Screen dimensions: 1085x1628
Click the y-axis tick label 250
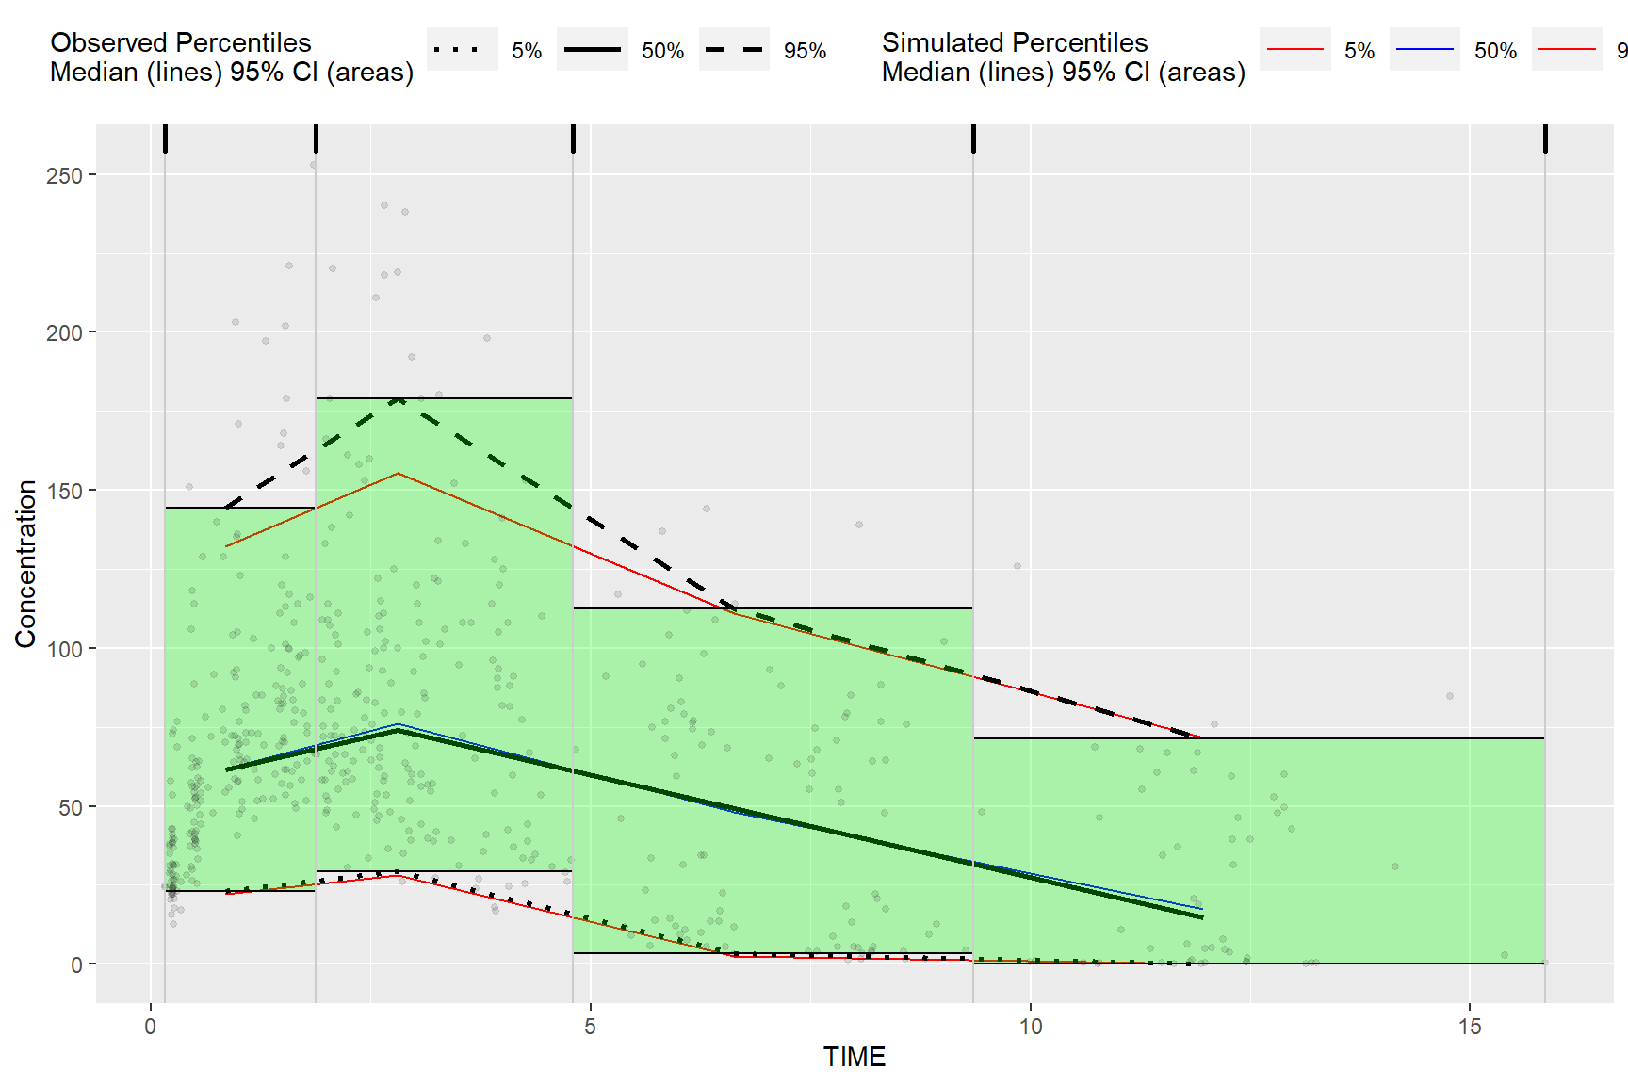pos(64,175)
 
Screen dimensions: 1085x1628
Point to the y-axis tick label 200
pos(64,332)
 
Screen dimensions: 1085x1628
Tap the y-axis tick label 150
pos(64,491)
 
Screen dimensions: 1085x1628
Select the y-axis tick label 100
pos(64,649)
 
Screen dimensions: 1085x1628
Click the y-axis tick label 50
pos(70,807)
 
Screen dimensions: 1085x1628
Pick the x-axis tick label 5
pos(590,1027)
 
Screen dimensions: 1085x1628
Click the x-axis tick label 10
pos(1030,1027)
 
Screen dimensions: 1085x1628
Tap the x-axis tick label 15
pos(1470,1027)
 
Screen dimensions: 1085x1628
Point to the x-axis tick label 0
pos(150,1027)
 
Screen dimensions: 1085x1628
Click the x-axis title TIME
pos(854,1057)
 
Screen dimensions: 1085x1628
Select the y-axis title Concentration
pos(25,563)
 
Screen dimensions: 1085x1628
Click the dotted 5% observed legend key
pos(462,50)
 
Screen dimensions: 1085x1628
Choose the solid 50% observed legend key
pos(592,50)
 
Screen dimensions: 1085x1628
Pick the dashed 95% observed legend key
pos(734,50)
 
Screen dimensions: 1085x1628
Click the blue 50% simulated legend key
pos(1424,50)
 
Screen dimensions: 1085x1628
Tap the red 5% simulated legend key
pos(1294,50)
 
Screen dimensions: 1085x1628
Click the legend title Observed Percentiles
pos(180,42)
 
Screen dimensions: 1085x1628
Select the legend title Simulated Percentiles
pos(1014,42)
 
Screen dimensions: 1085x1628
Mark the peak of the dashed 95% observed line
pos(399,399)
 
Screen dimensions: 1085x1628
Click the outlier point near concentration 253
pos(314,165)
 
